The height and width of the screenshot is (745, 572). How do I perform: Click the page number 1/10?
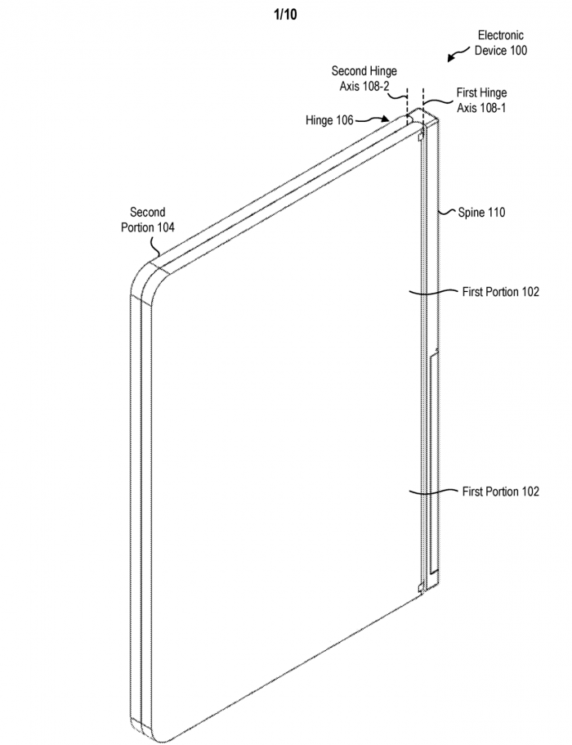click(x=286, y=13)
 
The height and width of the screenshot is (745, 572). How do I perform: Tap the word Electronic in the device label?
click(x=500, y=36)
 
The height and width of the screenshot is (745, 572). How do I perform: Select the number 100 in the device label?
click(x=516, y=51)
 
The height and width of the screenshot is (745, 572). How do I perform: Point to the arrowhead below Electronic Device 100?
click(x=450, y=59)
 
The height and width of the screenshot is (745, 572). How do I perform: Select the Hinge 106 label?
click(x=329, y=120)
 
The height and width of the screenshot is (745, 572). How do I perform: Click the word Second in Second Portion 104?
click(x=147, y=213)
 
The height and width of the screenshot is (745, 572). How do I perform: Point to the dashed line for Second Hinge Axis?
click(x=406, y=98)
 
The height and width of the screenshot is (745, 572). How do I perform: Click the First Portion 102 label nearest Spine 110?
click(x=500, y=292)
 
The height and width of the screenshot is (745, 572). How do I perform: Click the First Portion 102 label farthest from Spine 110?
click(x=500, y=491)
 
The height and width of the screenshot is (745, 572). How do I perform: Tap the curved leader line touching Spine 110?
click(x=444, y=212)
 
